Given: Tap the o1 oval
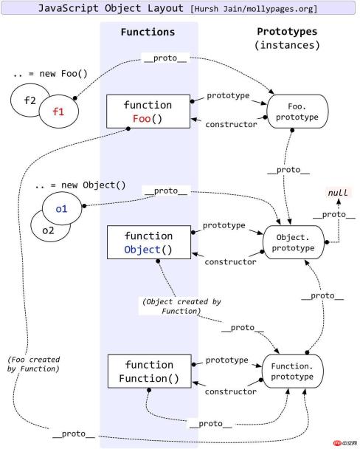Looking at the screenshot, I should pyautogui.click(x=62, y=208).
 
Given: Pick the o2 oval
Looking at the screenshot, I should pyautogui.click(x=46, y=230).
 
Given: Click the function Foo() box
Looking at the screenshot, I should pyautogui.click(x=148, y=112).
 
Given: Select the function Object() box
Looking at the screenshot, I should pyautogui.click(x=148, y=243).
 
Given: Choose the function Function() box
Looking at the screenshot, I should pyautogui.click(x=148, y=371).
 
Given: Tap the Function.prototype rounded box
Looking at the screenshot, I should pyautogui.click(x=294, y=372).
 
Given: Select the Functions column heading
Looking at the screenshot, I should pyautogui.click(x=148, y=32).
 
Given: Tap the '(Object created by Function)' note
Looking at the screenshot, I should pyautogui.click(x=171, y=306).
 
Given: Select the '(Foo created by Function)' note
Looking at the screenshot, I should pyautogui.click(x=32, y=363).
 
